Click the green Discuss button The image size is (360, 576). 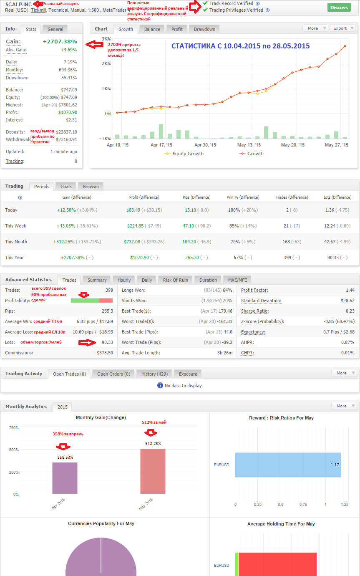339,8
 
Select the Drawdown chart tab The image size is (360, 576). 204,29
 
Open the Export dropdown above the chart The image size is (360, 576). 343,28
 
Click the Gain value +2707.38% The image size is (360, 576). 60,41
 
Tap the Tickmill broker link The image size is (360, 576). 38,10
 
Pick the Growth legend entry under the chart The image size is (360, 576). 251,154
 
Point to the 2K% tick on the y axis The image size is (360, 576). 106,63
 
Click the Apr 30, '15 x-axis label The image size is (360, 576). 205,145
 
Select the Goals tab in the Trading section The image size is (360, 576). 66,187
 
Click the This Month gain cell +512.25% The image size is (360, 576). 64,242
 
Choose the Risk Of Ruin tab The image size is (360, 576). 176,280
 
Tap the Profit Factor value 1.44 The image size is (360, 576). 350,290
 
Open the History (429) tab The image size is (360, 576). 154,374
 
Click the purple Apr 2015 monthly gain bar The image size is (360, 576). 65,478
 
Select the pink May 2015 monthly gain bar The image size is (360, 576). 153,471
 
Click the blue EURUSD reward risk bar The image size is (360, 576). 288,465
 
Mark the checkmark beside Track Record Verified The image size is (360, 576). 205,3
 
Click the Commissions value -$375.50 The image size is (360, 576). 104,353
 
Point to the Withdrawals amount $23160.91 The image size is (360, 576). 66,139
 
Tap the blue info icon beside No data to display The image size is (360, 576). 160,385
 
